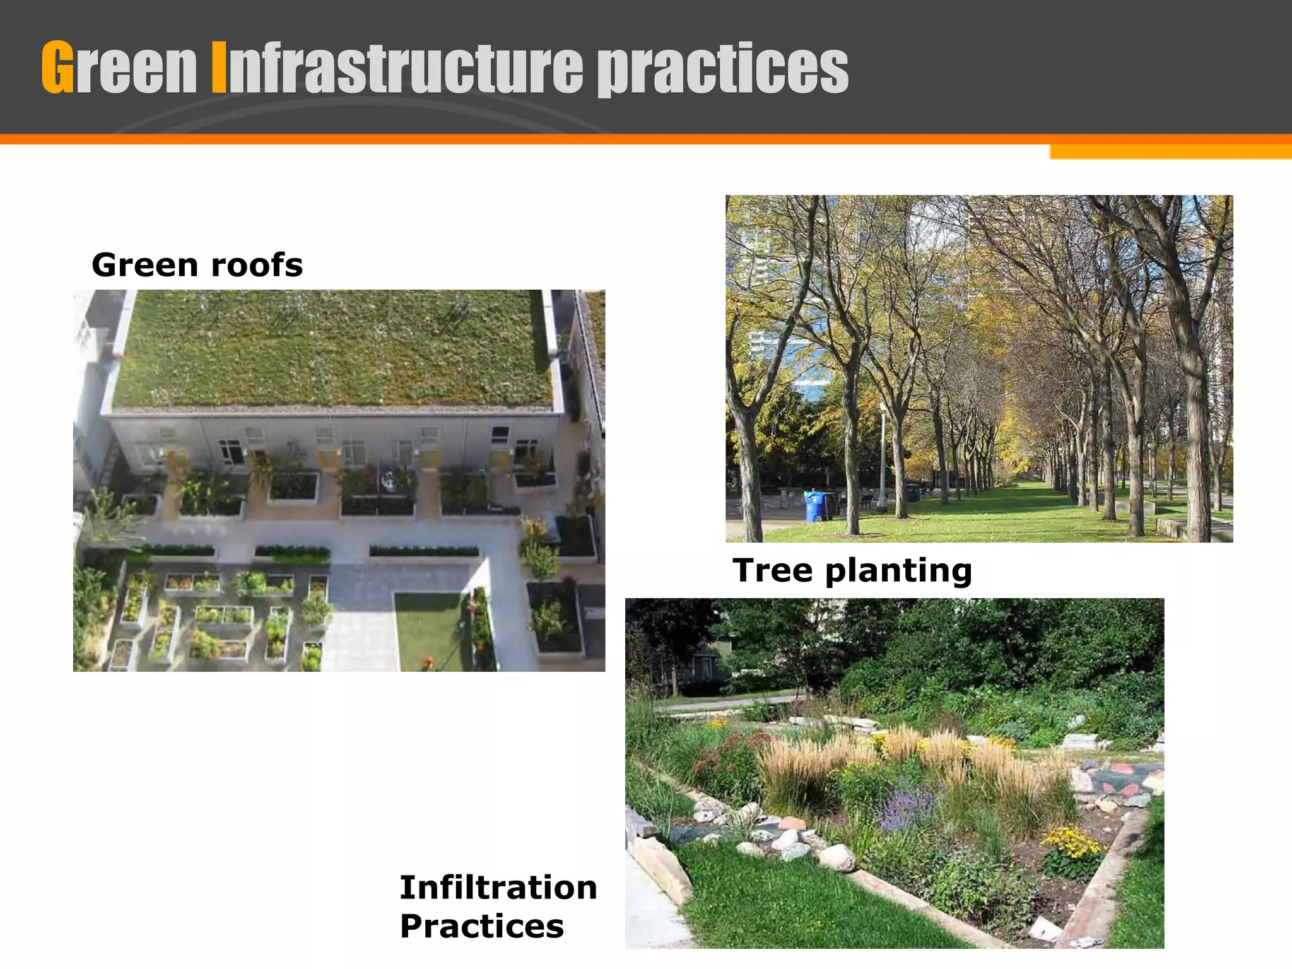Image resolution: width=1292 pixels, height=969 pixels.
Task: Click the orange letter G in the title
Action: [x=57, y=67]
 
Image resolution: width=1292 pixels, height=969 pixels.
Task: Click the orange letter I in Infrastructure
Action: [x=218, y=68]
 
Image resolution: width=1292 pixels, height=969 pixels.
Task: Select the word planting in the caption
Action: [x=898, y=572]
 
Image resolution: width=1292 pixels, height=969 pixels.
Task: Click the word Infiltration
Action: [x=498, y=888]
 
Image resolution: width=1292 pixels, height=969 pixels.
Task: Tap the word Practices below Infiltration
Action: [x=482, y=926]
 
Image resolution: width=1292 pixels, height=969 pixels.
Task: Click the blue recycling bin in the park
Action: [x=814, y=507]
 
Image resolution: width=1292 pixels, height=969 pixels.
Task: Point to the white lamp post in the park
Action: [x=883, y=457]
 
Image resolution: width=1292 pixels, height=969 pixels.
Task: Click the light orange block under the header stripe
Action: [x=1170, y=152]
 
